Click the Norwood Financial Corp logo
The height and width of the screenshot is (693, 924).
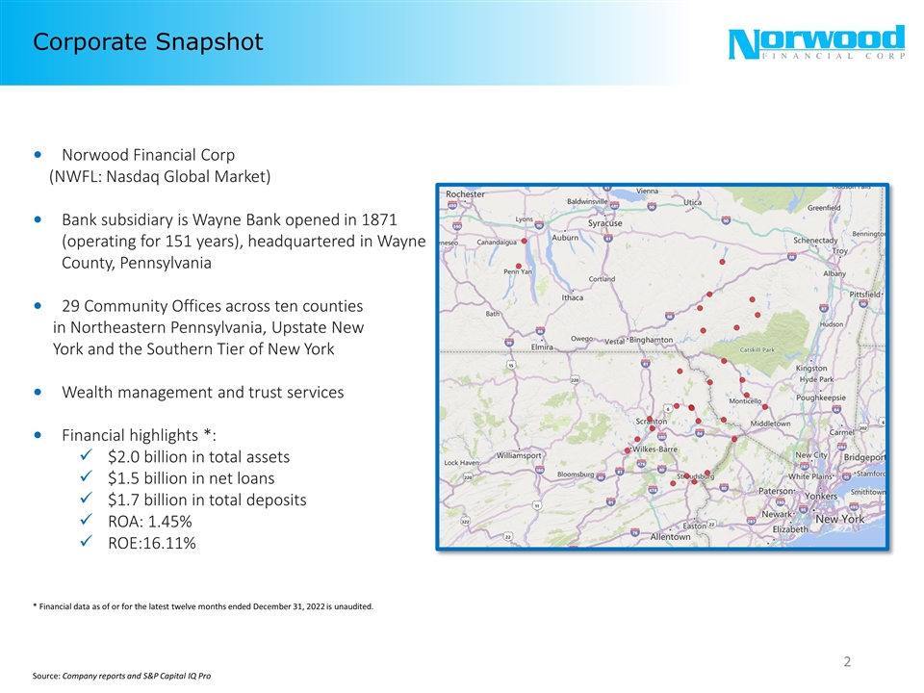point(817,44)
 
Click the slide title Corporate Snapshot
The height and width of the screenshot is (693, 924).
point(147,42)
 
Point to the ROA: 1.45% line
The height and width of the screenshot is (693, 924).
point(149,522)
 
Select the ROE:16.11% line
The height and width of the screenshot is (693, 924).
point(151,544)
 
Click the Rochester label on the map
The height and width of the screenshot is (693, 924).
point(466,194)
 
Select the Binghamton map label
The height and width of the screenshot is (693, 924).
point(651,340)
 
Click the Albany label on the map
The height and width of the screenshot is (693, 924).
point(834,274)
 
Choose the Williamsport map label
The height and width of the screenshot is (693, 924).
point(520,454)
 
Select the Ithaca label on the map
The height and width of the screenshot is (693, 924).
point(573,298)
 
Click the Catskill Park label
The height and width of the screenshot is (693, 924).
point(757,349)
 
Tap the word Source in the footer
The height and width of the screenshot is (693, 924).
point(45,678)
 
